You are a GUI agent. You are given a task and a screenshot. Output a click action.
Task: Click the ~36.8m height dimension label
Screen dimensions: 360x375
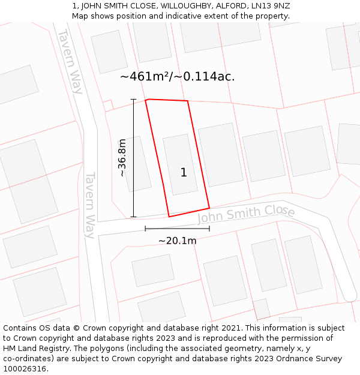(x=122, y=158)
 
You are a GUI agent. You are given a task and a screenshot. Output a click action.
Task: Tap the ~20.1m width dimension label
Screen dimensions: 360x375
(x=177, y=241)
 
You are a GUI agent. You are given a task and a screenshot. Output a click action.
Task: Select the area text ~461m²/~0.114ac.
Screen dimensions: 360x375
(x=178, y=77)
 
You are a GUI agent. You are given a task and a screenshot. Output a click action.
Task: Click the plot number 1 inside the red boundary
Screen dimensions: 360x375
(x=184, y=173)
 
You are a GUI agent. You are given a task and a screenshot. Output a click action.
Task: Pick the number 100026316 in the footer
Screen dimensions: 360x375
(x=23, y=369)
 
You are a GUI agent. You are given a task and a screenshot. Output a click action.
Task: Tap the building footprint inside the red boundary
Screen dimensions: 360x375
(x=179, y=164)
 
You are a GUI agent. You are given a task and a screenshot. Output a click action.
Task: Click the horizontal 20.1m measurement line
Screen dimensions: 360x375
(x=177, y=229)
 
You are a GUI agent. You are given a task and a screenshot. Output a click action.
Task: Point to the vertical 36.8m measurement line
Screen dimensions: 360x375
(x=133, y=158)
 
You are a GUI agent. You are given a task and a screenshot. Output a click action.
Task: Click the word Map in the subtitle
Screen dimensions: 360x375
(x=80, y=16)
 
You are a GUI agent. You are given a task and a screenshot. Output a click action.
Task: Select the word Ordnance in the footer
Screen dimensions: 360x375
(x=298, y=359)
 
